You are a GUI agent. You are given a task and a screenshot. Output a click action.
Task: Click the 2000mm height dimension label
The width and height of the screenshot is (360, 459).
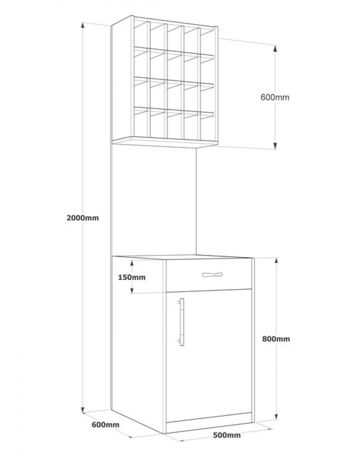point(83,218)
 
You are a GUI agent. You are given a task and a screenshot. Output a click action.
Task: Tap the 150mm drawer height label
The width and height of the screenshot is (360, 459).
point(132,277)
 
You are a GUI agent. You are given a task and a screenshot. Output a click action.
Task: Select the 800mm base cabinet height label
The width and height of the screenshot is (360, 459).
point(276,339)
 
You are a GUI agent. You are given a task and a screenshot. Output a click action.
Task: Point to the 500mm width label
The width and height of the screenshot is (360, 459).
point(227,435)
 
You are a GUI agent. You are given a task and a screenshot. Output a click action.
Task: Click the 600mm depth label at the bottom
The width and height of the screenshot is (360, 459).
point(105,424)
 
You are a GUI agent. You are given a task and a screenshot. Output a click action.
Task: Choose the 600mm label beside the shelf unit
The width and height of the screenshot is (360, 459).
point(275,97)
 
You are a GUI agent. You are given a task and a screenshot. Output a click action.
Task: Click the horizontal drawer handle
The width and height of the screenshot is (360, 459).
point(212,274)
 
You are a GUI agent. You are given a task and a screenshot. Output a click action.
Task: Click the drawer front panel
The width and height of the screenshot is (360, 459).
point(209,275)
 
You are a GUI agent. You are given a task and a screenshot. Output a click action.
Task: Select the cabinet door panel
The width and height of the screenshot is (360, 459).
point(209,355)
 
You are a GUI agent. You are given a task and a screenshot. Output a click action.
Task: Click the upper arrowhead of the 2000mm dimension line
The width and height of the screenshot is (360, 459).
point(83,26)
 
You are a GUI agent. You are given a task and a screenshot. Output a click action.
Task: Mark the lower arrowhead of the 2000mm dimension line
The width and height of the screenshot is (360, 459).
point(83,409)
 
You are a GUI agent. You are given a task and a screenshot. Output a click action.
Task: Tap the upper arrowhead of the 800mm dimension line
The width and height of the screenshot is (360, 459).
point(277,262)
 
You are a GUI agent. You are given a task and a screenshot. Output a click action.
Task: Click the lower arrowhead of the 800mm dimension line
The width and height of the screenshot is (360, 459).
point(277,416)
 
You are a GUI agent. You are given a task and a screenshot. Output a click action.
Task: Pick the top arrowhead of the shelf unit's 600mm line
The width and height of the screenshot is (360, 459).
point(275,48)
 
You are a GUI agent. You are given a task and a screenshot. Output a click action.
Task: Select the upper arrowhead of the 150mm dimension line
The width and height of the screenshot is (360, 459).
point(132,264)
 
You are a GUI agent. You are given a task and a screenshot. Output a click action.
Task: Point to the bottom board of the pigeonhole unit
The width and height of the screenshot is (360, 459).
point(165,142)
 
